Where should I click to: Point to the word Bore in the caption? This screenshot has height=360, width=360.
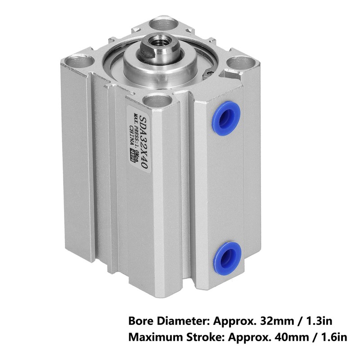click(140, 322)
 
